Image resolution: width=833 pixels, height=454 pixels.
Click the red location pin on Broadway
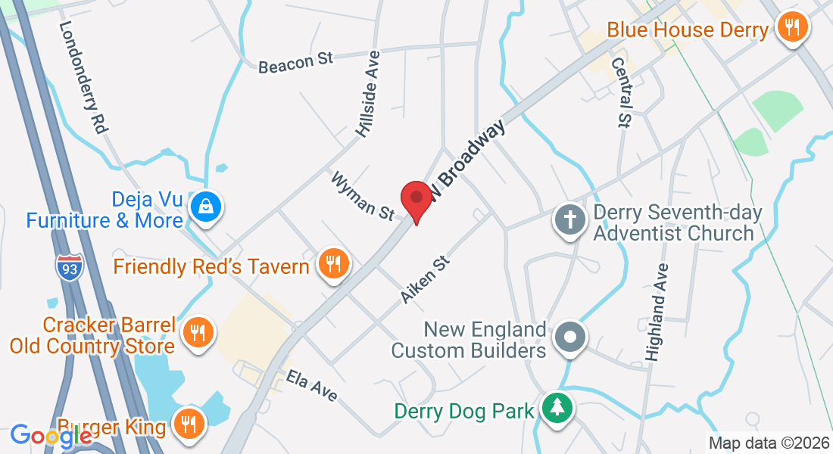(x=416, y=199)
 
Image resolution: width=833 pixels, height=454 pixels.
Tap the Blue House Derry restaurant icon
(x=792, y=29)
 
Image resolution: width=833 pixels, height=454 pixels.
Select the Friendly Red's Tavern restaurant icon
(x=332, y=265)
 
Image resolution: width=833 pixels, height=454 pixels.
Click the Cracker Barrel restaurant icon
(x=197, y=331)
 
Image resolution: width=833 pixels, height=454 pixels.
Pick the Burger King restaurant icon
(x=187, y=423)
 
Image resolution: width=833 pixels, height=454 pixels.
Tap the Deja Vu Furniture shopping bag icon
(x=204, y=205)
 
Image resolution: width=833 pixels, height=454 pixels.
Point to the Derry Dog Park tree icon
(x=557, y=409)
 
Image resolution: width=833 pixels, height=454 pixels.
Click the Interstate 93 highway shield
(x=70, y=268)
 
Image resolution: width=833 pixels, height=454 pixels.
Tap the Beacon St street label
(x=295, y=62)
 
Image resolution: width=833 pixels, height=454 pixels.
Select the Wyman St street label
(x=361, y=195)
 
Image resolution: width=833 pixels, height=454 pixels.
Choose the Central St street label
(x=620, y=93)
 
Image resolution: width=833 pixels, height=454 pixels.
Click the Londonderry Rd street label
(x=82, y=78)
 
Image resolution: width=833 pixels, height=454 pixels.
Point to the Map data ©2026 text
(x=768, y=443)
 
